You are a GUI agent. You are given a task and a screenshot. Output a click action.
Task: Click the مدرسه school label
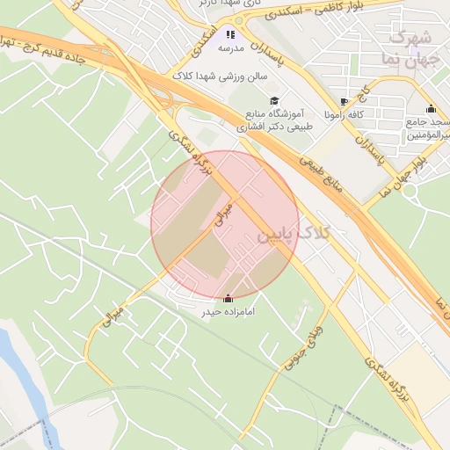coord(231,48)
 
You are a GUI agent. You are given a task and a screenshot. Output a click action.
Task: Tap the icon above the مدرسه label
coord(230,34)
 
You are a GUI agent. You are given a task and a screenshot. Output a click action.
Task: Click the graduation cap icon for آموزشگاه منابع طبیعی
coord(273,101)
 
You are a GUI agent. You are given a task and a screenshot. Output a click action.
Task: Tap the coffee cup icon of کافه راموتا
coord(344,101)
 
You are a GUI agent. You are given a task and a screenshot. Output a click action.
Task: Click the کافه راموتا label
coord(344,115)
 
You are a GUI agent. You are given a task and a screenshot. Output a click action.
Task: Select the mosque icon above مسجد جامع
coord(431,109)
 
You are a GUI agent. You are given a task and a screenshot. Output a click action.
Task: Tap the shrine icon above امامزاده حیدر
coord(229,298)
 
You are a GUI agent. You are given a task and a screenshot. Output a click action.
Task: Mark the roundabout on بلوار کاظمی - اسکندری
coord(237,20)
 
